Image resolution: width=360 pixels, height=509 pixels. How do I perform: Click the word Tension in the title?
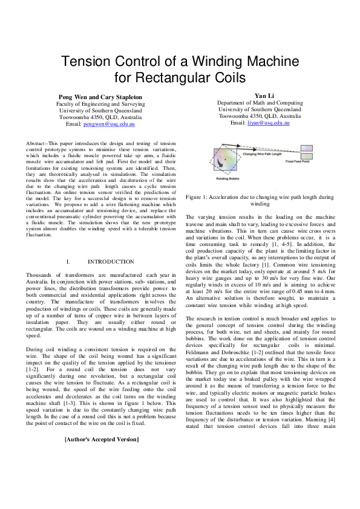click(x=88, y=62)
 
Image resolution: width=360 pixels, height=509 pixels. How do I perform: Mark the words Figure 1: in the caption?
click(x=198, y=197)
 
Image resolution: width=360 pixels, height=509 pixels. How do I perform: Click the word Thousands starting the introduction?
click(x=41, y=275)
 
